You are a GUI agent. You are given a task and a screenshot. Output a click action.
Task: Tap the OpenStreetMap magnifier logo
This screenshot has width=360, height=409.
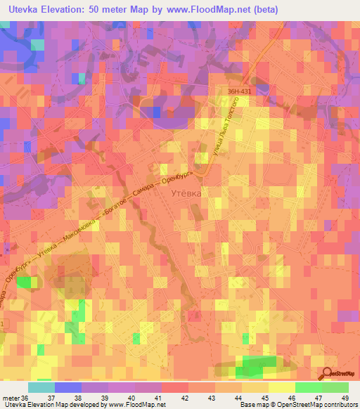point(327,373)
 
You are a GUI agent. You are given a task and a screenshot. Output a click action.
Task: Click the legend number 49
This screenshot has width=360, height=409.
point(345,398)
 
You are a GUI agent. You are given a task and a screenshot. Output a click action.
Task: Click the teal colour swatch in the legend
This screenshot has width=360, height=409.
point(41,387)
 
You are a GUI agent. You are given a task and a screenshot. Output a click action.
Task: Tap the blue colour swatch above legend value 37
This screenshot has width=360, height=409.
point(68,387)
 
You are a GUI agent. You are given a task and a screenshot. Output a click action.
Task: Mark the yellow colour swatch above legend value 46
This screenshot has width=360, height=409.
point(282,387)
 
